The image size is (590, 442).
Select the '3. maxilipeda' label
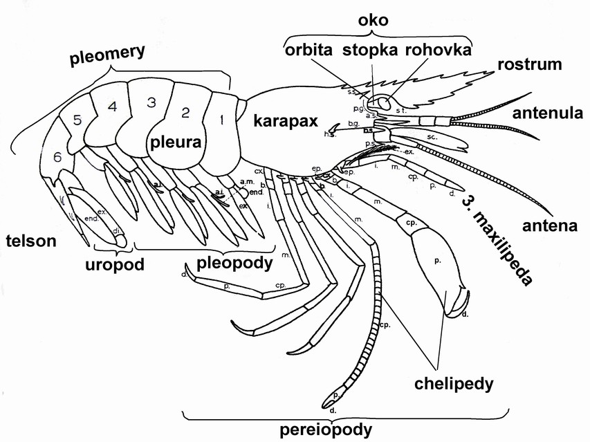[x=506, y=236]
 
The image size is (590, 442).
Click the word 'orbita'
[x=309, y=50]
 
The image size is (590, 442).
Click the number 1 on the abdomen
[x=221, y=119]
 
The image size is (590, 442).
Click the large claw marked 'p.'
[x=436, y=261]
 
